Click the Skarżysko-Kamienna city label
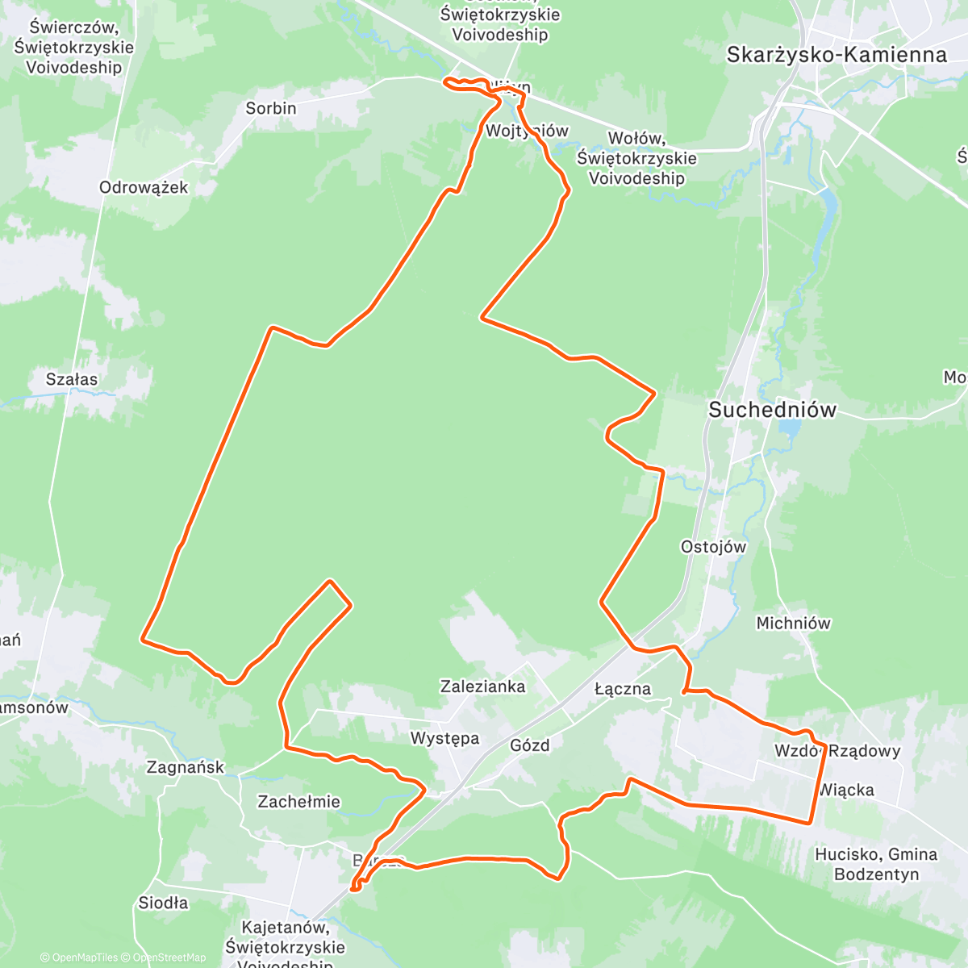tap(837, 55)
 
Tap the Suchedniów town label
tap(772, 410)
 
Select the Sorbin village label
tap(271, 108)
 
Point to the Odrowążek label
tap(144, 187)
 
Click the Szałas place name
tap(72, 379)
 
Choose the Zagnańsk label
tap(186, 767)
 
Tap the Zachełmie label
tap(298, 802)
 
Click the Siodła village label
tap(163, 903)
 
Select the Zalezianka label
tap(482, 686)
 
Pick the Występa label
tap(444, 738)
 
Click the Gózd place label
tap(530, 745)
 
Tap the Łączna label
tap(622, 689)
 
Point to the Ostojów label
tap(713, 547)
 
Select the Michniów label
tap(793, 623)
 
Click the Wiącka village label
tap(847, 790)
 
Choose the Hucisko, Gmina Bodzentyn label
tap(876, 864)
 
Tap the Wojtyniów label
tap(528, 131)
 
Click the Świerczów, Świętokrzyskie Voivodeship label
tap(73, 47)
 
